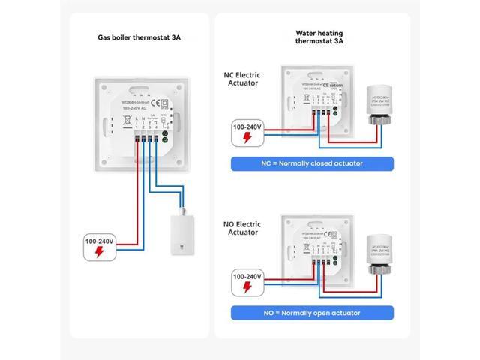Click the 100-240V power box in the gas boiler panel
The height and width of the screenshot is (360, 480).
97,246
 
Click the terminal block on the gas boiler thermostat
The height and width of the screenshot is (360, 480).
147,138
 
